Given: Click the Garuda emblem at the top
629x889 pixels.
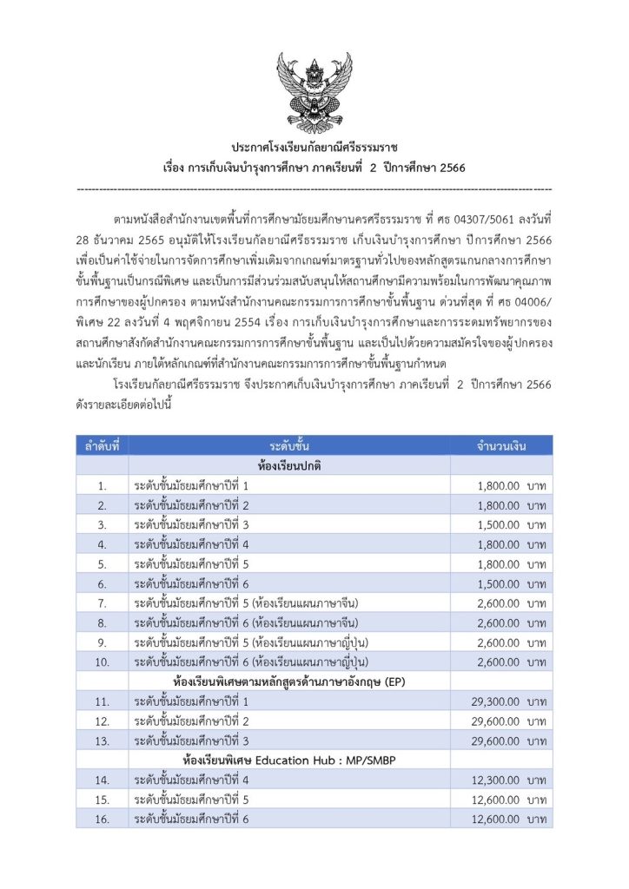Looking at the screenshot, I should tap(314, 90).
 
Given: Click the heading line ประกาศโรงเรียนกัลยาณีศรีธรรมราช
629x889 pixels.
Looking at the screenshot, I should tap(314, 148).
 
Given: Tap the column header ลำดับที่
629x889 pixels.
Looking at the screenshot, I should tap(103, 445).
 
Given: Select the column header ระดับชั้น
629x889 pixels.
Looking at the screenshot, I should tap(289, 445).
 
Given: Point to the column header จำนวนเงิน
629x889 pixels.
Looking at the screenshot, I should tap(501, 445).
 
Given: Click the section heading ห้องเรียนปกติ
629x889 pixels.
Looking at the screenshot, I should tap(289, 465).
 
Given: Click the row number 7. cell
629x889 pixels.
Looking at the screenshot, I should tap(103, 603).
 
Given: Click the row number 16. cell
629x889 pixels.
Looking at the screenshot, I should tap(103, 819).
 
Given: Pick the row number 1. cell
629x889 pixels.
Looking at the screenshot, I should tap(103, 485).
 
